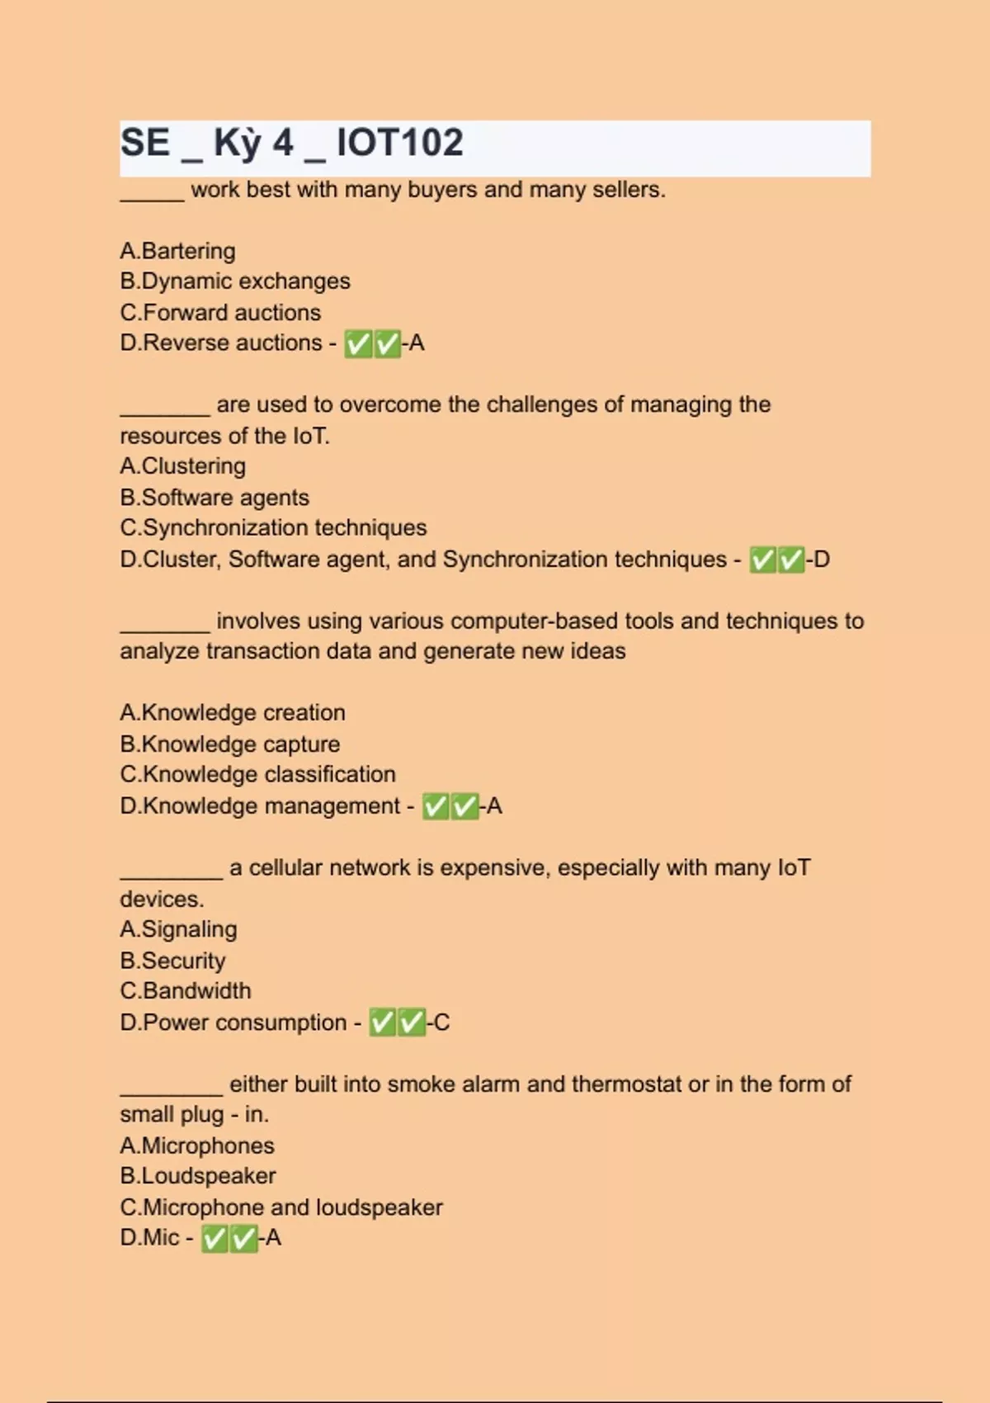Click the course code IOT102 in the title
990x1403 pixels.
[x=400, y=143]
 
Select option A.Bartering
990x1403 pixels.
[x=177, y=251]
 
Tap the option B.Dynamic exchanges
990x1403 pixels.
[x=234, y=281]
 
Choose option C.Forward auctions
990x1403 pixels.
[x=220, y=313]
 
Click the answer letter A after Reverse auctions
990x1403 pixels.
[x=417, y=342]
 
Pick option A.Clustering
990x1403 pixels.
[x=182, y=466]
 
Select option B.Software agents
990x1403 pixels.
[x=214, y=498]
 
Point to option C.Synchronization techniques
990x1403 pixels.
[x=273, y=528]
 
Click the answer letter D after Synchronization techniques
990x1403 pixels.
[x=822, y=560]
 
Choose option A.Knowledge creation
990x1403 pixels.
[x=233, y=713]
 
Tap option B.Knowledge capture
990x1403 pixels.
[x=229, y=744]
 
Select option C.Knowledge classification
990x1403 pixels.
[x=257, y=775]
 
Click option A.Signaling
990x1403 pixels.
[x=178, y=929]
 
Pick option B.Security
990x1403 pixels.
[x=172, y=961]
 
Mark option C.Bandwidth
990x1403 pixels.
[x=186, y=991]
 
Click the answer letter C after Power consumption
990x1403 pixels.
[x=442, y=1023]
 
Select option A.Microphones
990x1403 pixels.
[x=197, y=1146]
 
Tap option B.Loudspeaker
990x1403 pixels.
[x=198, y=1176]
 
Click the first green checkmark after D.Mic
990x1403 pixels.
[x=214, y=1239]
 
